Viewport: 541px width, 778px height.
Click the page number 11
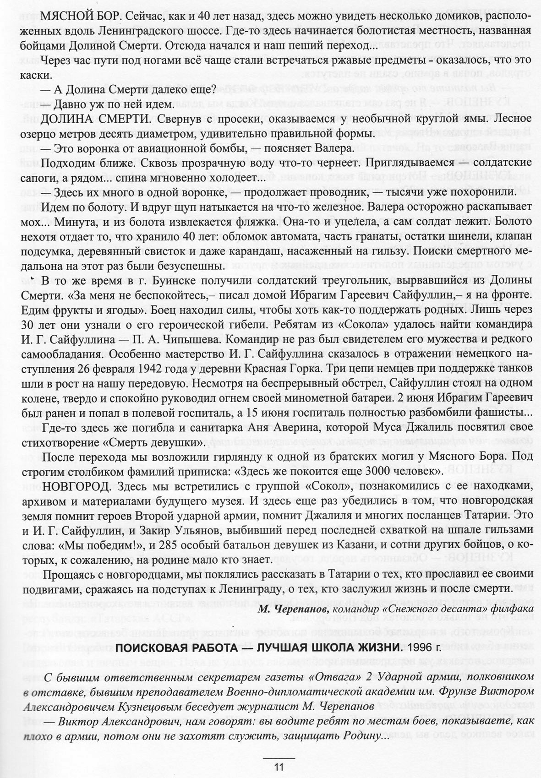point(279,767)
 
